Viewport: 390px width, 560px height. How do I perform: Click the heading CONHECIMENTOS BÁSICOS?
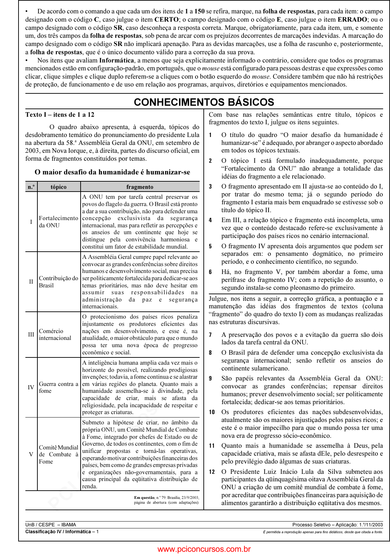coord(204,102)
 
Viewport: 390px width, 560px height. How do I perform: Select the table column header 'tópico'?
coord(59,187)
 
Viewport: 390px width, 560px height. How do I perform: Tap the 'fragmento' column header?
coord(140,187)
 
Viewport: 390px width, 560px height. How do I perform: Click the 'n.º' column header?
coord(31,187)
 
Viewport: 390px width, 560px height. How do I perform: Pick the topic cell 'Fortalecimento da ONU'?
coord(58,222)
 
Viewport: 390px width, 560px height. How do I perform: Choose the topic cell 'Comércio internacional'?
coord(55,334)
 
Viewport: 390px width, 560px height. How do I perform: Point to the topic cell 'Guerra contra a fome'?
coord(58,387)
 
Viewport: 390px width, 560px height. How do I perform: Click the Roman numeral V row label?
coord(31,454)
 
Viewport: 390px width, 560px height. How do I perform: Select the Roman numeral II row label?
coord(31,282)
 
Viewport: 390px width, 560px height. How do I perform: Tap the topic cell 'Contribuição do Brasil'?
coord(58,282)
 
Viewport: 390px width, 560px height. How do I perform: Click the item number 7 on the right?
coord(211,335)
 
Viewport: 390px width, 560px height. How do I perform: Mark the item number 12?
coord(212,472)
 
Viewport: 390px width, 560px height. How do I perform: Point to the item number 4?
coord(211,220)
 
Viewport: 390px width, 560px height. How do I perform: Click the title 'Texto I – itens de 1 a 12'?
coord(60,115)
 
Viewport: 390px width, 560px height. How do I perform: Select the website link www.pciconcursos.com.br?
coord(204,549)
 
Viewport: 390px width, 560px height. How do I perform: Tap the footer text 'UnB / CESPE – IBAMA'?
coord(51,525)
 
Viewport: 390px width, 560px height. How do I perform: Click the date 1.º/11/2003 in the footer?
coord(371,525)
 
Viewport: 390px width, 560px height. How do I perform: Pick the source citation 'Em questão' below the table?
coord(144,498)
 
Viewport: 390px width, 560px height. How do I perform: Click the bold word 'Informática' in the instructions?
coord(116,60)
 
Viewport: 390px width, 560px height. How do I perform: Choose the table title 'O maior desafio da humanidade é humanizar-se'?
coord(112,172)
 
